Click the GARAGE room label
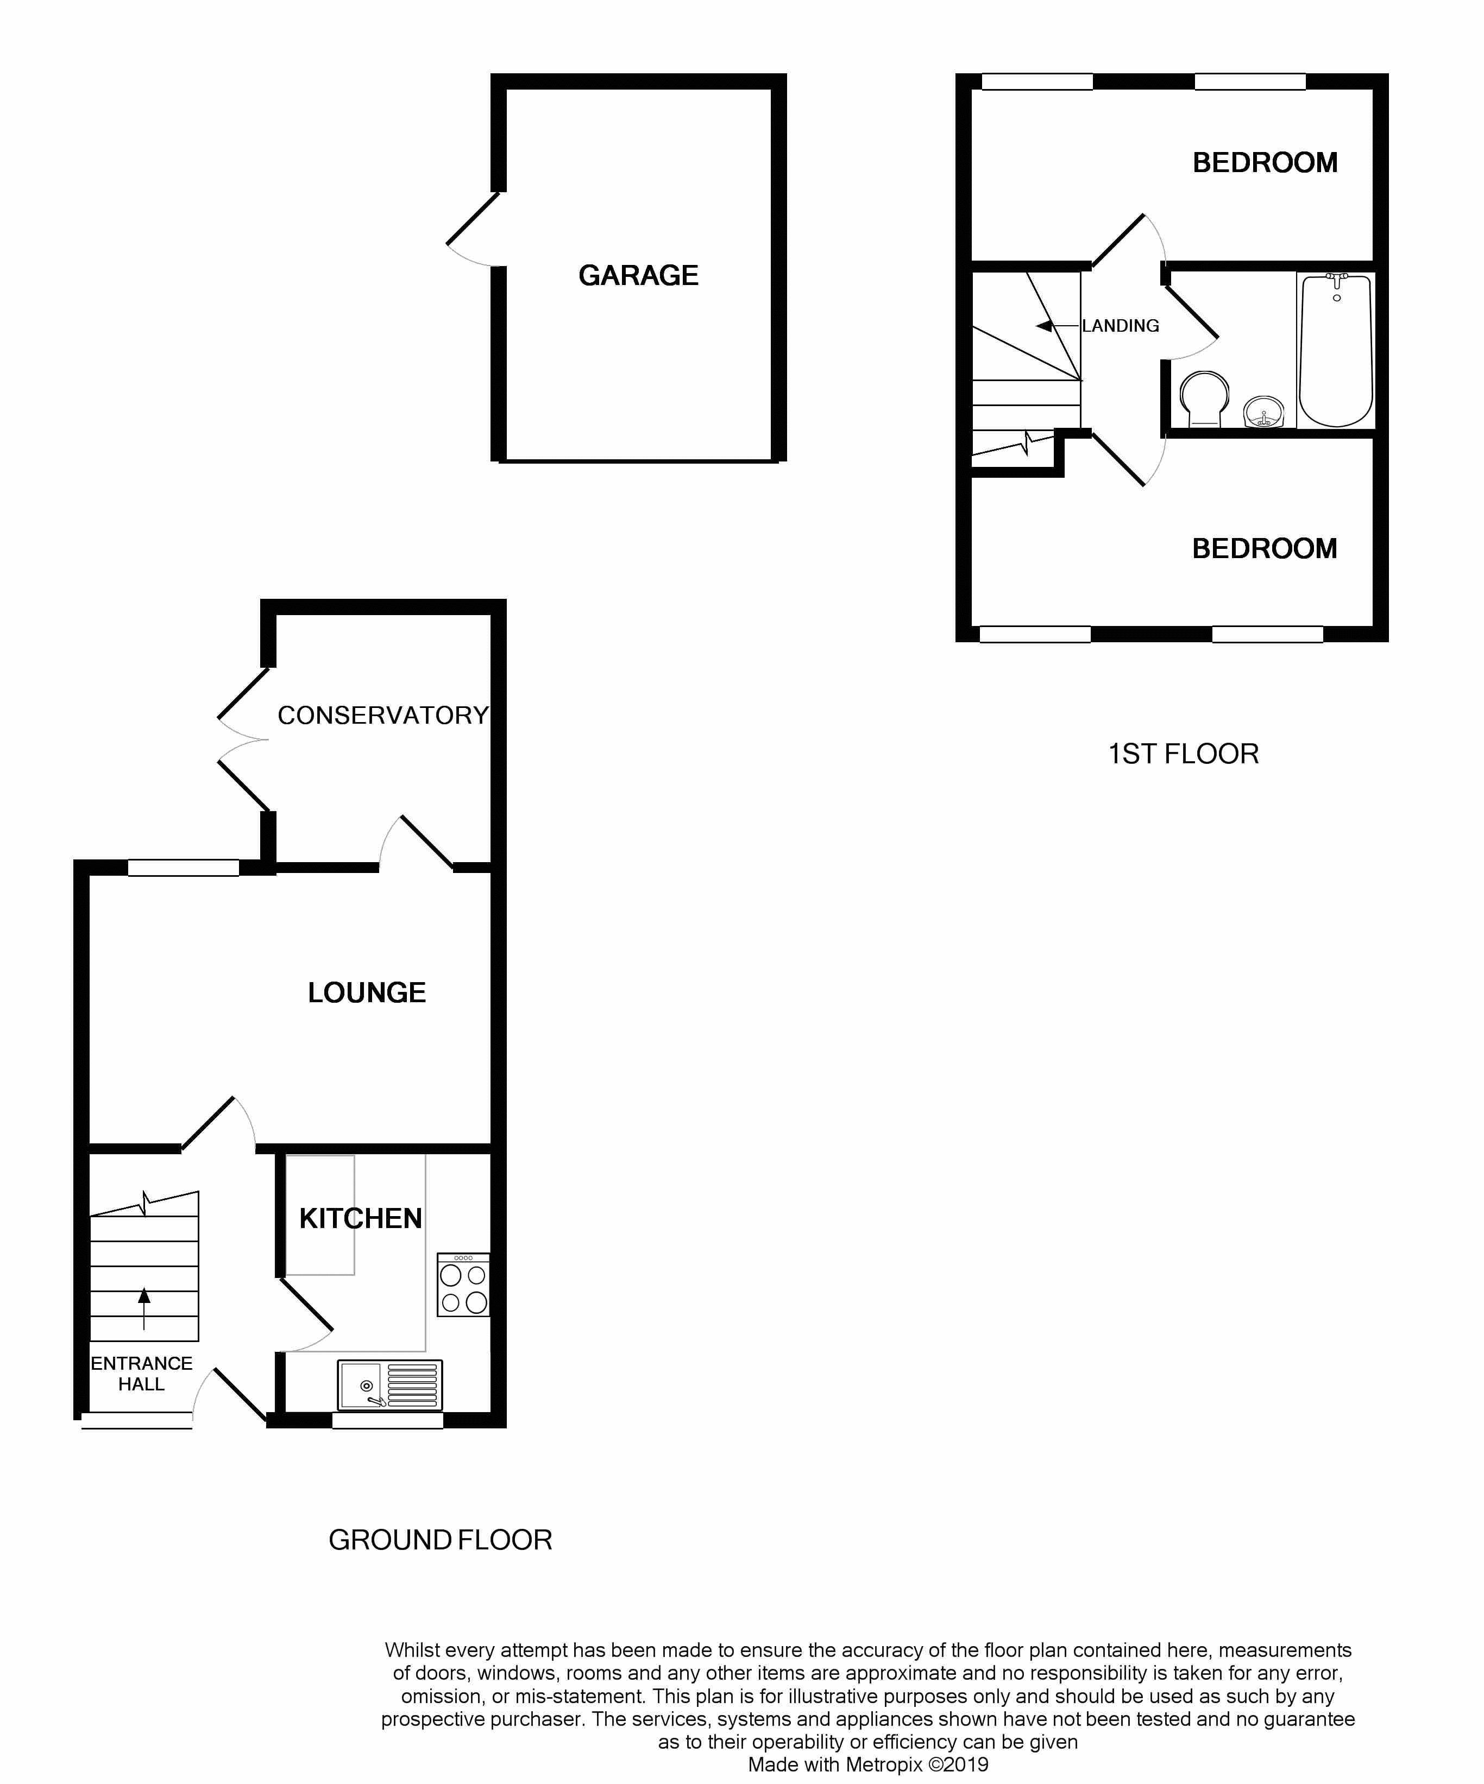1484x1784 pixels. point(638,275)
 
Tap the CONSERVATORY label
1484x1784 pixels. point(383,716)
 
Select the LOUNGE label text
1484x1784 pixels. point(366,992)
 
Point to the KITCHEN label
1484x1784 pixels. point(360,1218)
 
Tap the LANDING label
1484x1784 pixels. point(1120,325)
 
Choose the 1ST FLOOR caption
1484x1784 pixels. point(1183,754)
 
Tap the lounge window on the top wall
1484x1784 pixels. point(184,868)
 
